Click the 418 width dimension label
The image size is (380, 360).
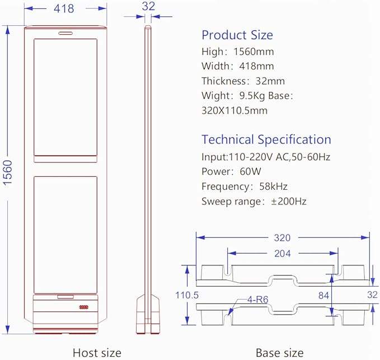[64, 8]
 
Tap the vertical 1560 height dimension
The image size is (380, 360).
[8, 173]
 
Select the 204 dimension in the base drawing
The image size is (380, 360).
[282, 254]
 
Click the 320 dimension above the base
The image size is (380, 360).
[282, 238]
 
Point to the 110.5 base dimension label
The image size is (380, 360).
[187, 295]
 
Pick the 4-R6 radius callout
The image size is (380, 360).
[257, 300]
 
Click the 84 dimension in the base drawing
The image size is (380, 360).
[323, 296]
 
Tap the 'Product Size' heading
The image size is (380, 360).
[237, 35]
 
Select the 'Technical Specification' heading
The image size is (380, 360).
[266, 140]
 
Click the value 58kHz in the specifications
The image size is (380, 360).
[273, 186]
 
